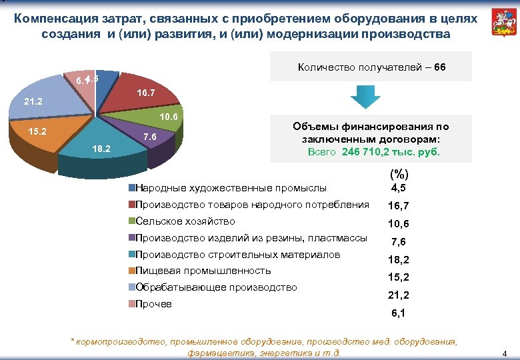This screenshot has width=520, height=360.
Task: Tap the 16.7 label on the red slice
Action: point(146,92)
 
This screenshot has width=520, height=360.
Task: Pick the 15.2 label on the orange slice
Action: point(35,131)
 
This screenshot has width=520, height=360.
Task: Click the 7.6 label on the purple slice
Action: point(150,137)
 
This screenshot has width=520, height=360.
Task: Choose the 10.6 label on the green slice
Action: point(169,117)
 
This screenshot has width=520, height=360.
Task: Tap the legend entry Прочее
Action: point(153,304)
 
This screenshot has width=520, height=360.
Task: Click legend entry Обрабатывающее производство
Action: point(215,287)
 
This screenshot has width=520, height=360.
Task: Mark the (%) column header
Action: point(397,175)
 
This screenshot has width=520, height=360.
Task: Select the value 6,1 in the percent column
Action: point(398,313)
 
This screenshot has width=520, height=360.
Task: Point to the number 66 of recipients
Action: point(439,68)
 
